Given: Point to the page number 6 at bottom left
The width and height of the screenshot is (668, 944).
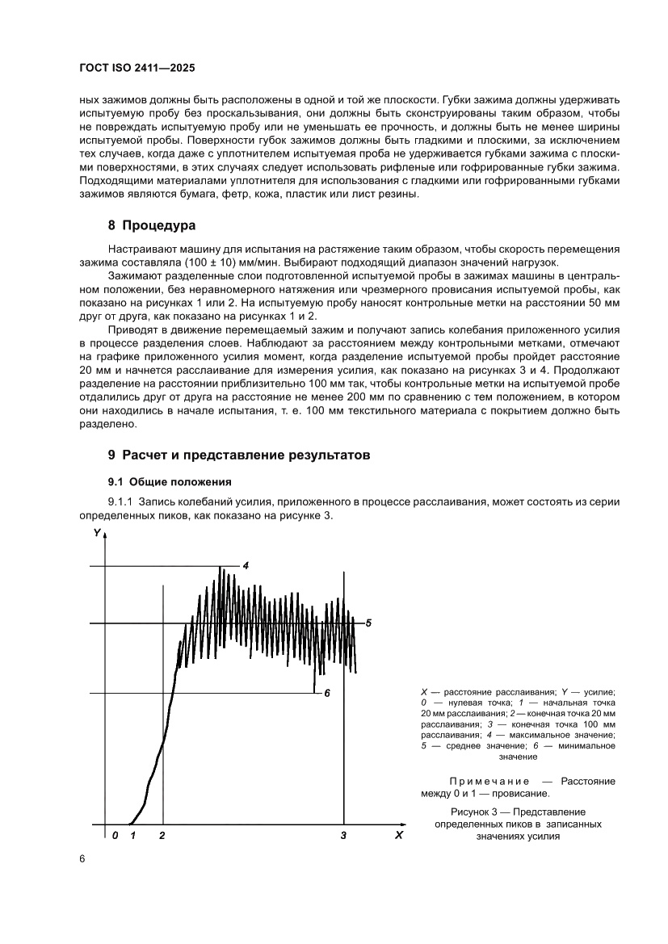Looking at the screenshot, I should (x=82, y=858).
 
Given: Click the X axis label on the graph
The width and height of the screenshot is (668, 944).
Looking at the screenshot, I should (x=398, y=835).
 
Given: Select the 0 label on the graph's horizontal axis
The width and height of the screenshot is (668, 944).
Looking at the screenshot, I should (x=116, y=836).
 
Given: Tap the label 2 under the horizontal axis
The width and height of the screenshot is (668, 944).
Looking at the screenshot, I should (x=162, y=836).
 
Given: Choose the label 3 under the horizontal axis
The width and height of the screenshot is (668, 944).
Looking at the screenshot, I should (x=344, y=836).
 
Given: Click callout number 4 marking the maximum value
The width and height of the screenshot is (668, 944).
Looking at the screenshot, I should (x=246, y=565).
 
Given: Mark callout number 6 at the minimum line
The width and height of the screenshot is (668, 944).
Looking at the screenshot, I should (x=327, y=693).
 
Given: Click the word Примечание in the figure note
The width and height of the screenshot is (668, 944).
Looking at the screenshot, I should (x=489, y=782).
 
